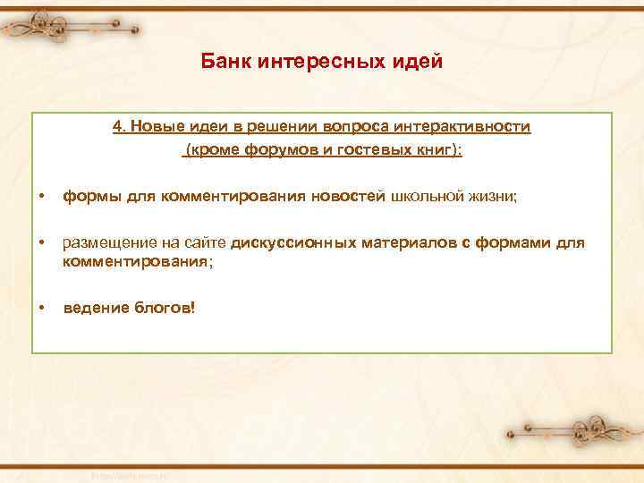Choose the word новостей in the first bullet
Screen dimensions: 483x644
click(x=348, y=197)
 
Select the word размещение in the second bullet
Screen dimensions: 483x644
click(x=102, y=244)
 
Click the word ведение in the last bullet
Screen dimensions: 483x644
click(x=92, y=308)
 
